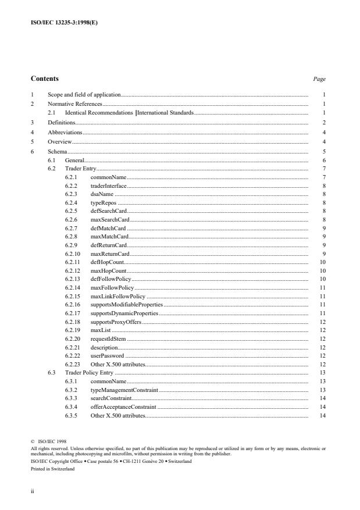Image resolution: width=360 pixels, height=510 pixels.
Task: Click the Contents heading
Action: tap(44, 79)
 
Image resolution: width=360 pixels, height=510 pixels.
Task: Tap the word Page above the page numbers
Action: tap(319, 79)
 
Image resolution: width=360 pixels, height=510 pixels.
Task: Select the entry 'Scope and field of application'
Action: tap(84, 94)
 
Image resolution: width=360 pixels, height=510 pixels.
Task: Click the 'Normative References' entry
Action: tap(74, 104)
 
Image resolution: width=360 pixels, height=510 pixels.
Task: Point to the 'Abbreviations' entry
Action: tap(65, 132)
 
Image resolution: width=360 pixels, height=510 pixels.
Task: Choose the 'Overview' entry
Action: tap(60, 141)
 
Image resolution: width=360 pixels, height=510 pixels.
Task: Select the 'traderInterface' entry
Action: tap(109, 186)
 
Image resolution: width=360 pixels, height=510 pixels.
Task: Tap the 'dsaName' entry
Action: tap(102, 194)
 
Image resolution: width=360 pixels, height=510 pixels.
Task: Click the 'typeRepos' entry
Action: tap(104, 202)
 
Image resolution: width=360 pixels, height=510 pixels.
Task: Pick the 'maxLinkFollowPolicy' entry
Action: tap(118, 296)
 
